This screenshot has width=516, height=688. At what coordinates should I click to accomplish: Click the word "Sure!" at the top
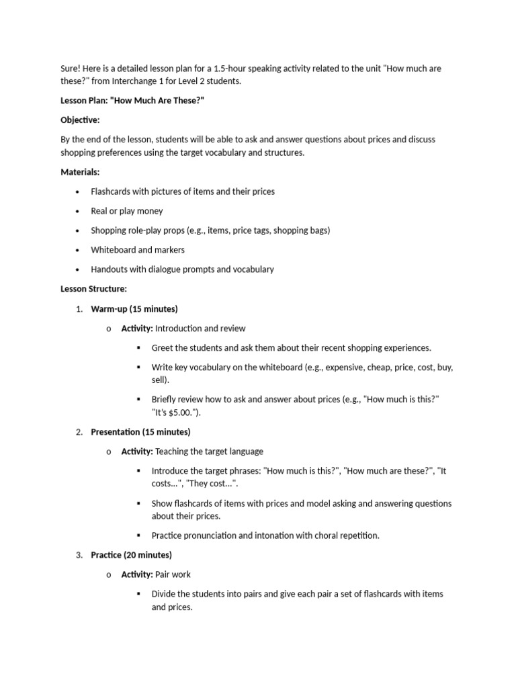click(71, 69)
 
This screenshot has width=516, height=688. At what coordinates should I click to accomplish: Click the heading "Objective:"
click(80, 120)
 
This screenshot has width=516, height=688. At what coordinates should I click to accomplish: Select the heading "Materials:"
click(80, 172)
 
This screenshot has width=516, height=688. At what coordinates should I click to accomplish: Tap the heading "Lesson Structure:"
click(93, 289)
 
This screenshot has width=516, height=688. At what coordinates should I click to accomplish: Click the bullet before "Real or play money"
click(79, 211)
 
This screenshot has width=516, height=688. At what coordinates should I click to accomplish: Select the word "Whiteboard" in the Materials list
click(114, 250)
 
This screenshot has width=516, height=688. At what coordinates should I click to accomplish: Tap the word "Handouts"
click(110, 269)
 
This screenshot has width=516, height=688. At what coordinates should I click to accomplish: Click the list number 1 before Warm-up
click(79, 309)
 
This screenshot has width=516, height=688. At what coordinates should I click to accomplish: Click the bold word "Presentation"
click(116, 432)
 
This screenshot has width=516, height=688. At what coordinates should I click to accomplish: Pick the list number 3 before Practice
click(79, 555)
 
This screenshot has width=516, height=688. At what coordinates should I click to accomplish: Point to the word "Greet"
click(163, 348)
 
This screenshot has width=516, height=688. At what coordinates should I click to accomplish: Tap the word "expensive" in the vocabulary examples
click(346, 368)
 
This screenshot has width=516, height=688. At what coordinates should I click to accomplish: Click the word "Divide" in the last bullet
click(164, 594)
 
